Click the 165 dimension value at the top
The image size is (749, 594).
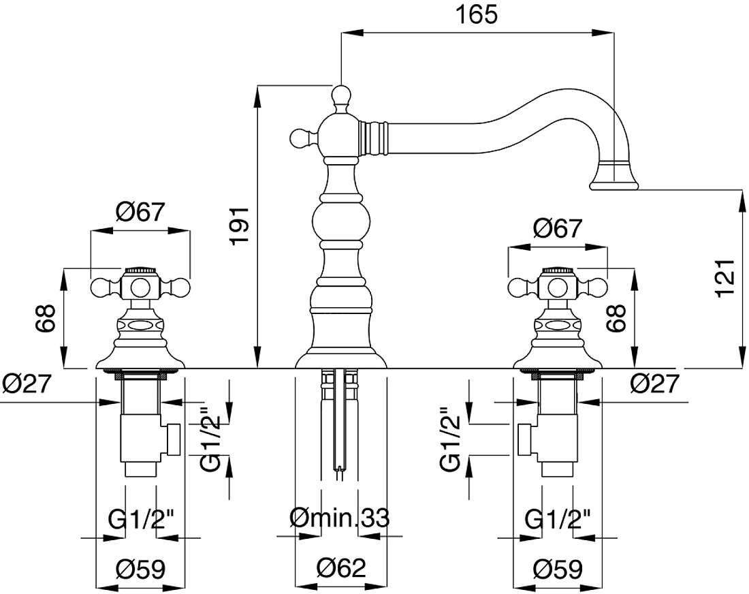(x=476, y=15)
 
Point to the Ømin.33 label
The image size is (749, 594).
(x=340, y=518)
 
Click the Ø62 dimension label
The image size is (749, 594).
(x=341, y=567)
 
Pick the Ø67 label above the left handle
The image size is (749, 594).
(x=140, y=212)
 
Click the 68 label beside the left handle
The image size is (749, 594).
(x=46, y=318)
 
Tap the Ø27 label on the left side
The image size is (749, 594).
(x=27, y=384)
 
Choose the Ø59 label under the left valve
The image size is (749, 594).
(x=140, y=569)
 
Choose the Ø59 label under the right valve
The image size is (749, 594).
(x=558, y=569)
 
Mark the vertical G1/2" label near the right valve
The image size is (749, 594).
(x=449, y=439)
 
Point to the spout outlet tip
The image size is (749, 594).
(x=614, y=185)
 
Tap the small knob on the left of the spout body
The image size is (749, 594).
(x=298, y=138)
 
